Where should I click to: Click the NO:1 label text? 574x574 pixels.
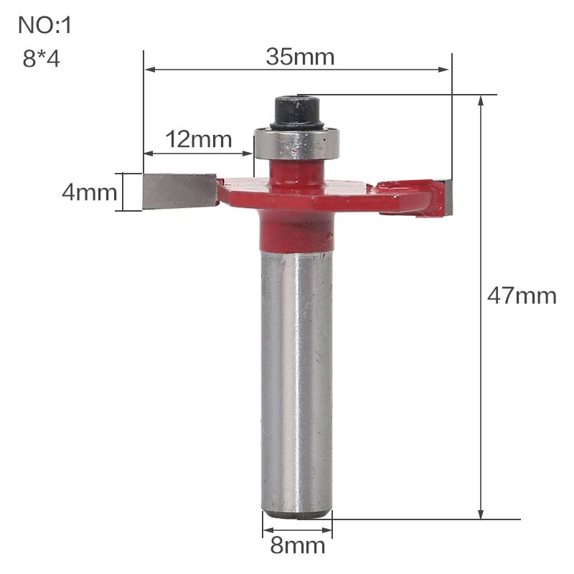pyautogui.click(x=45, y=26)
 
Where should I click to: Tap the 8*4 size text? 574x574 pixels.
pyautogui.click(x=42, y=58)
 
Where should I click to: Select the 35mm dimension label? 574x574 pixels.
pyautogui.click(x=300, y=57)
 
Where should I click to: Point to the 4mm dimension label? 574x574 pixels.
pyautogui.click(x=88, y=192)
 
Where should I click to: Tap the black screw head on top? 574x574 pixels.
pyautogui.click(x=297, y=110)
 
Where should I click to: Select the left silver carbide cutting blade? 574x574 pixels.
pyautogui.click(x=178, y=191)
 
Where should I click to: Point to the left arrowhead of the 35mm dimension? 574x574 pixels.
pyautogui.click(x=149, y=70)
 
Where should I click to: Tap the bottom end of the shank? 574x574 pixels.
pyautogui.click(x=296, y=512)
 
